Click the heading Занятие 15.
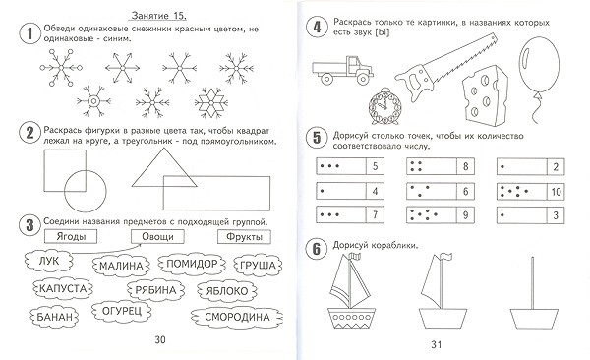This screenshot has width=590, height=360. pyautogui.click(x=158, y=16)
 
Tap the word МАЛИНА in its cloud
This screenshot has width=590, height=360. pyautogui.click(x=121, y=266)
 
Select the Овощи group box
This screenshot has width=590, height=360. pyautogui.click(x=157, y=237)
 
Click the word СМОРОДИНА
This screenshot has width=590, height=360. pyautogui.click(x=237, y=317)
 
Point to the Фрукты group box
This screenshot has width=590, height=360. pyautogui.click(x=244, y=237)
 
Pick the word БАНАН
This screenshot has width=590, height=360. pyautogui.click(x=54, y=317)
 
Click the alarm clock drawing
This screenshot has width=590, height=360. pyautogui.click(x=384, y=106)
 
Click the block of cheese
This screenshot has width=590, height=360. pyautogui.click(x=485, y=95)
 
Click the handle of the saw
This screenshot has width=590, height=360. pyautogui.click(x=414, y=80)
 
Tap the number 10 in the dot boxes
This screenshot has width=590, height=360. pyautogui.click(x=556, y=192)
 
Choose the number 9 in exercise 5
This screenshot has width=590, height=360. pyautogui.click(x=465, y=215)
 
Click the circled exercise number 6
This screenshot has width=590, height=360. pyautogui.click(x=317, y=249)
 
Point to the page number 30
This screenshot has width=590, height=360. pyautogui.click(x=160, y=339)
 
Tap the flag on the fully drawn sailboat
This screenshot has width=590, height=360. pyautogui.click(x=355, y=257)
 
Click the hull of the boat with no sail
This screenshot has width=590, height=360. pyautogui.click(x=534, y=319)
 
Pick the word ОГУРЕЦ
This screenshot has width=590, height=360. pyautogui.click(x=122, y=311)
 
